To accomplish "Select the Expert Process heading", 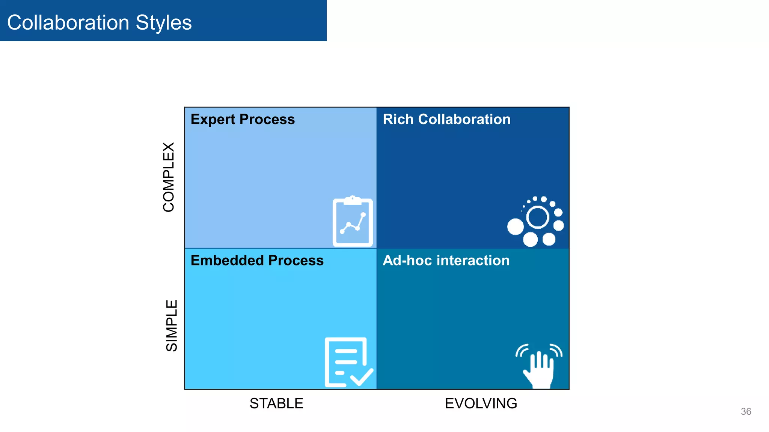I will (x=243, y=119).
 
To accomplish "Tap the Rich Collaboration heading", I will (x=446, y=119).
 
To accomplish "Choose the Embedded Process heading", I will (x=257, y=260).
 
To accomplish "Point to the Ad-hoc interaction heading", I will (x=446, y=260).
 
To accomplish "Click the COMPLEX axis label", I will (x=169, y=177).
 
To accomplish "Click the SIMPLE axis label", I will (x=171, y=325).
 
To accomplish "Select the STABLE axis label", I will (x=276, y=403).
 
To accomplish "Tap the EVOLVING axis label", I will (x=481, y=403).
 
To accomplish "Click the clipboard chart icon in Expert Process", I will (x=353, y=222).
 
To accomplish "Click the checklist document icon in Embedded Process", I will (x=348, y=362).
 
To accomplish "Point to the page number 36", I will (x=746, y=411).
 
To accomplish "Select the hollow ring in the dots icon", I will (x=538, y=217).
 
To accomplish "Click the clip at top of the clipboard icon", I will (x=353, y=200).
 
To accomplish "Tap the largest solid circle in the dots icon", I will (x=515, y=226).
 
